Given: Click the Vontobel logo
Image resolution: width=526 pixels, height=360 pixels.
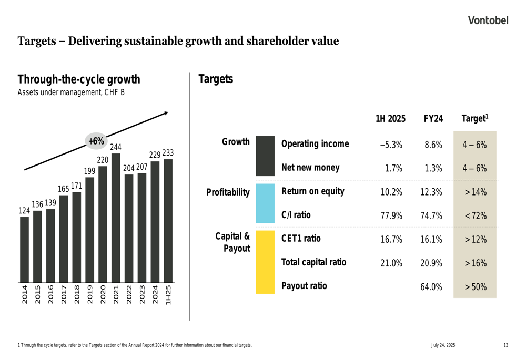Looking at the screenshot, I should (489, 20).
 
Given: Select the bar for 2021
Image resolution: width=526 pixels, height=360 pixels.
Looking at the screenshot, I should (116, 217).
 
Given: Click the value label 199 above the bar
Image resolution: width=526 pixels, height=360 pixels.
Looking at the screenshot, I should (90, 171).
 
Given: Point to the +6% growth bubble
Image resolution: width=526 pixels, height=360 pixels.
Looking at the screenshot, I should (96, 141).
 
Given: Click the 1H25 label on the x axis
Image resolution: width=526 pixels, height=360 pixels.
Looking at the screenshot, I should (168, 295).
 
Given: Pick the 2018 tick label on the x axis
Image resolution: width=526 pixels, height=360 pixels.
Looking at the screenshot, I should (77, 295).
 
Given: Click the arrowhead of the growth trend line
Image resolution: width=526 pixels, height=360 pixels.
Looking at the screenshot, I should (166, 112).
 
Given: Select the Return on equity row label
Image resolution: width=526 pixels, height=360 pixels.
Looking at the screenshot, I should (313, 191).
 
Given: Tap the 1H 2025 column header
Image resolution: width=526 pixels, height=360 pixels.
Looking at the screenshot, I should (390, 119).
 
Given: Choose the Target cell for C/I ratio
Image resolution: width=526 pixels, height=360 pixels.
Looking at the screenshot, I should (476, 216).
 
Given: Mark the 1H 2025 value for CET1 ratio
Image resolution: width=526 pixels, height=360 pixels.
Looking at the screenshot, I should (391, 240).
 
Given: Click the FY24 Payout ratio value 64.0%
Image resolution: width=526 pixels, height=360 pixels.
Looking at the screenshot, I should (431, 287).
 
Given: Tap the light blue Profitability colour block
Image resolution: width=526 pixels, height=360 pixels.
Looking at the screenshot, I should (265, 203).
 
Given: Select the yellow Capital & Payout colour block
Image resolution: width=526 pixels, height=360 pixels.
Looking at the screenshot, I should (265, 262).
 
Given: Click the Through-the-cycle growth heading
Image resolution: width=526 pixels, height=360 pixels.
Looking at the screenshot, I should (79, 80).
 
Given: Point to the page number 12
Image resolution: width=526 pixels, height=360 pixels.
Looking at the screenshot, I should (505, 345).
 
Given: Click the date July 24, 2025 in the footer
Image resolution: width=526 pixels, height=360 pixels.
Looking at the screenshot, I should (443, 345).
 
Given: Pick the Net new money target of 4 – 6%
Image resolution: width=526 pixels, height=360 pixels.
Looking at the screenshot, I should (475, 169).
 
